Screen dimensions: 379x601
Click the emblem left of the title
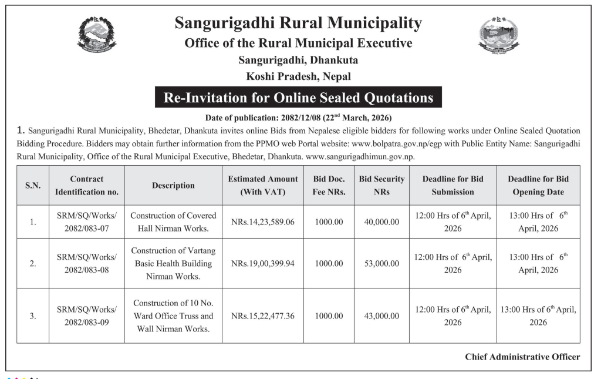97,34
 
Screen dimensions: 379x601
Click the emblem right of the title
499,35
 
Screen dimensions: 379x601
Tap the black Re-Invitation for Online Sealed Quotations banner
298,98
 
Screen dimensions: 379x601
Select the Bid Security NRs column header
381,185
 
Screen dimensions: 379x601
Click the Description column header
173,185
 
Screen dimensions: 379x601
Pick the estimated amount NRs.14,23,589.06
263,222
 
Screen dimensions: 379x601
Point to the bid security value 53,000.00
381,263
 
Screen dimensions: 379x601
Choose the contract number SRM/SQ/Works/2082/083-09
87,316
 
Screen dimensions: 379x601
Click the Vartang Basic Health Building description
173,263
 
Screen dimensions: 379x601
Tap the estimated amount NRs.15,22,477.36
263,316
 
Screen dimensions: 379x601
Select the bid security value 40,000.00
381,222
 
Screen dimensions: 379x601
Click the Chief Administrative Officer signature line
522,357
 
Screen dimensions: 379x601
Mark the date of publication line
298,117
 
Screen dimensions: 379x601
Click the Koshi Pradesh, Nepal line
298,76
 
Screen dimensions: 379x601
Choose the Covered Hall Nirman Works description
173,222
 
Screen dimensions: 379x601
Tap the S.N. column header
33,185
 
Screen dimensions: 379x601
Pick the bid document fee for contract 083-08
329,263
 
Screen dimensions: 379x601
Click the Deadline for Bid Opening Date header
538,185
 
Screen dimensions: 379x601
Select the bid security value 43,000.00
381,316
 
